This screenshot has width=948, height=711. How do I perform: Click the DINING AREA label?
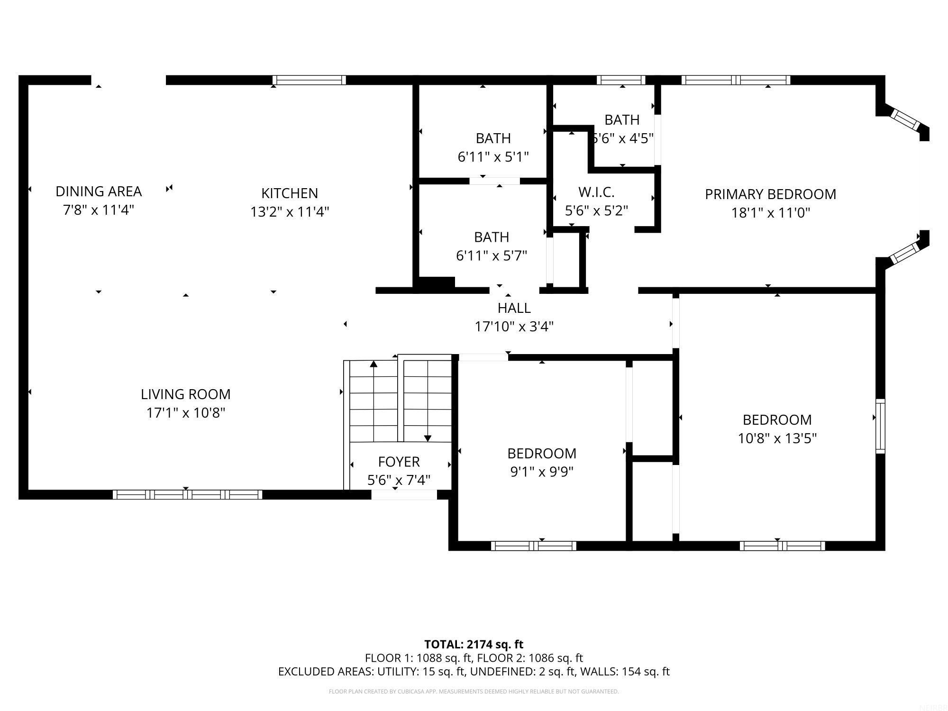click(99, 191)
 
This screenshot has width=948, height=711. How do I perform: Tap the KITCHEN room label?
click(290, 193)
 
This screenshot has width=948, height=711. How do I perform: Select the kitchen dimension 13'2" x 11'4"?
click(290, 212)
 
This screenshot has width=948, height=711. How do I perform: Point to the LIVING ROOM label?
click(185, 394)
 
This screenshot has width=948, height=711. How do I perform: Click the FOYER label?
click(399, 462)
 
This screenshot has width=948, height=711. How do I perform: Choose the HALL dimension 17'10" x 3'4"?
click(514, 327)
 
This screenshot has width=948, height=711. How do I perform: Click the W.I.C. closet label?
click(596, 192)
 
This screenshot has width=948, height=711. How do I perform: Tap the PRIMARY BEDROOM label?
click(770, 194)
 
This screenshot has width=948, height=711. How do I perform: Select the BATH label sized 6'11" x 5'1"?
click(493, 138)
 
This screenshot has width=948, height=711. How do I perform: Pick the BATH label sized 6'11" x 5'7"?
click(492, 237)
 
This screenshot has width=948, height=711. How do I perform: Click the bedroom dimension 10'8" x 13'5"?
click(777, 438)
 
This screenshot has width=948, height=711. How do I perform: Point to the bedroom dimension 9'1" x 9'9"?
click(542, 472)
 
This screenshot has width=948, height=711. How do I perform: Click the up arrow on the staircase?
click(374, 364)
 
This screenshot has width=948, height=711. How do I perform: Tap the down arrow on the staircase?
click(428, 438)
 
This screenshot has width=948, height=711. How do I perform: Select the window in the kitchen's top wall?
click(309, 80)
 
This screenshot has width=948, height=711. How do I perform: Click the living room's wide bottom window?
click(187, 495)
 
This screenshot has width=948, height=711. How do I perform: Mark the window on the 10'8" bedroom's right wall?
click(880, 426)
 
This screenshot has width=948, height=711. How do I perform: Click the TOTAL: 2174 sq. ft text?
click(474, 645)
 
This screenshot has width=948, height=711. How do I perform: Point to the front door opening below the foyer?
click(403, 495)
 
